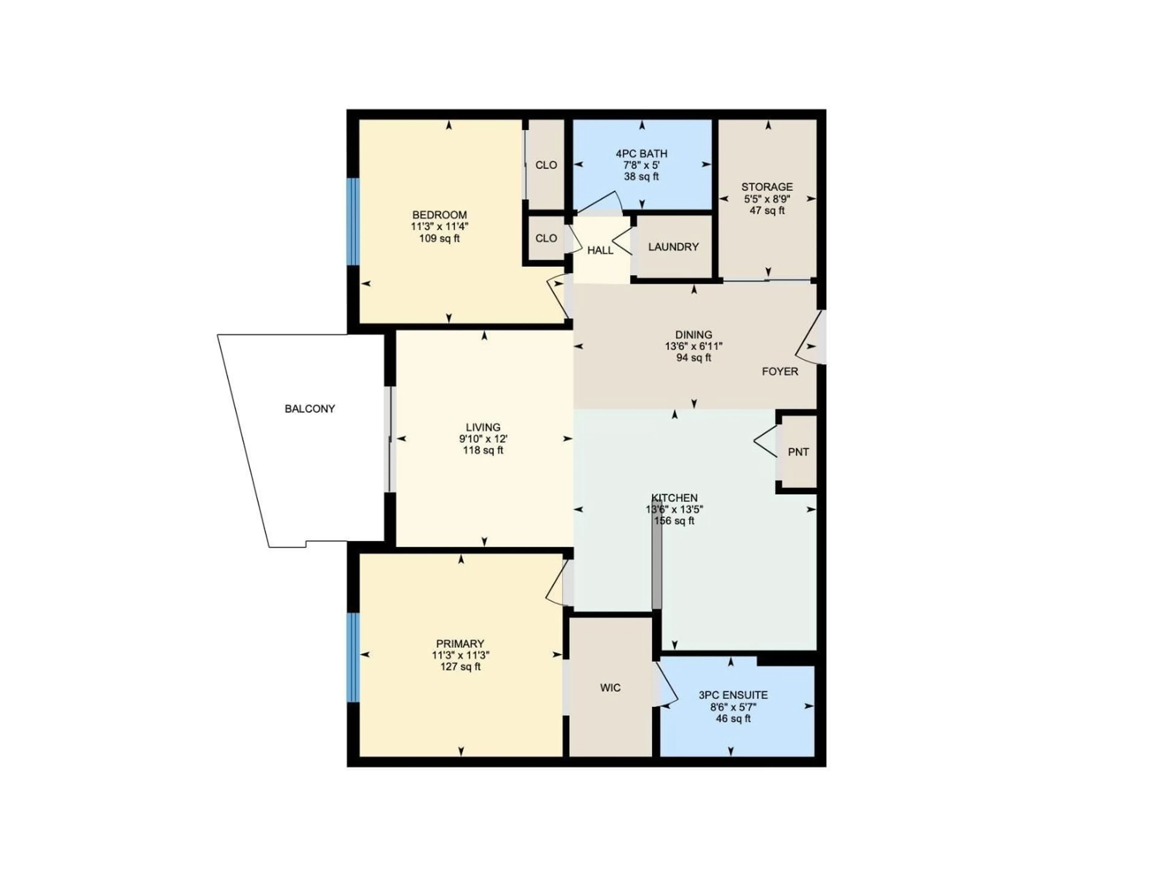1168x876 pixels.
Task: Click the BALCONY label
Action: [309, 409]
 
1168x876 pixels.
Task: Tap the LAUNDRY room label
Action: [673, 247]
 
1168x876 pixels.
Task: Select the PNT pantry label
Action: [798, 452]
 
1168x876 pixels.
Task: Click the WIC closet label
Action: [610, 687]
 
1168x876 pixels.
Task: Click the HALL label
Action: [600, 250]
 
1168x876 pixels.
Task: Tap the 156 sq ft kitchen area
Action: [674, 521]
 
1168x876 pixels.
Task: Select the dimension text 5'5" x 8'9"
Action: [767, 199]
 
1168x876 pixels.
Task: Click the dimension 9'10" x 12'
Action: [483, 439]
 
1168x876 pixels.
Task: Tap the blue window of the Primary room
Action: [353, 657]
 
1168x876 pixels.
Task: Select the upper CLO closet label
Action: [546, 165]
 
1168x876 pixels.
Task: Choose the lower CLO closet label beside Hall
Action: [546, 238]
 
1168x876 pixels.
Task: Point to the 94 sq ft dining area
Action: [693, 357]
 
